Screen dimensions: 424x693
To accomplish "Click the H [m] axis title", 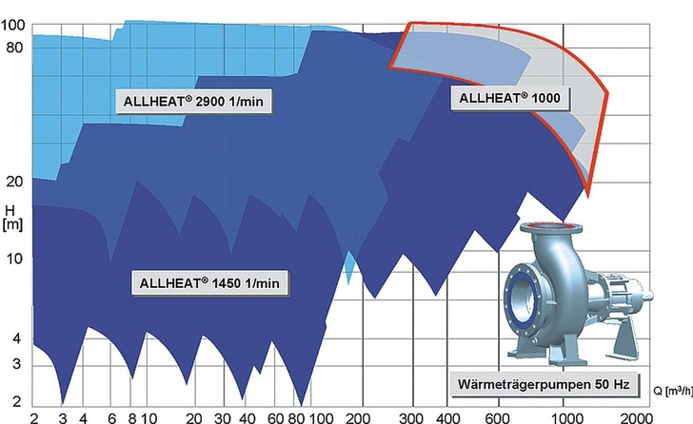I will (x=12, y=216).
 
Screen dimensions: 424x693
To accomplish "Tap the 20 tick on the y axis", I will (x=15, y=181).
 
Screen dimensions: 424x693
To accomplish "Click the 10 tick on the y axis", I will (x=15, y=258).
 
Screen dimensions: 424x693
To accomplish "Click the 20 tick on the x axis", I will (x=193, y=416).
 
